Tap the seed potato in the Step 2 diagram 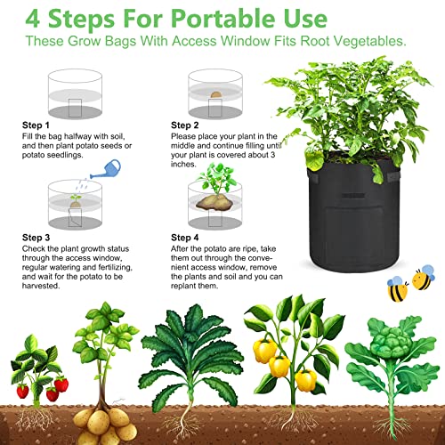[x=217, y=93]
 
